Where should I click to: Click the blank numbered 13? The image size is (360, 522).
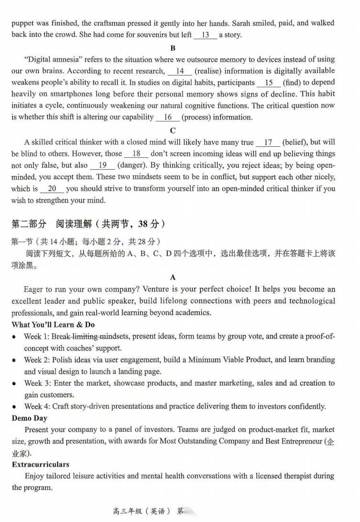[206, 35]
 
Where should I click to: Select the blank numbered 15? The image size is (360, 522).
[269, 83]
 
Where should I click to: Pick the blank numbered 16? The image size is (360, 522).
[167, 118]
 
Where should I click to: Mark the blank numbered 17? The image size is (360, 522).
[268, 142]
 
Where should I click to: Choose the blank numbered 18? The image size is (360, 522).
[136, 154]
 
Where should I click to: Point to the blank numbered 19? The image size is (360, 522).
[102, 165]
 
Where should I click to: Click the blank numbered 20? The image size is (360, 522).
[52, 189]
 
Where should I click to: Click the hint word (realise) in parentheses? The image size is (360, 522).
[210, 71]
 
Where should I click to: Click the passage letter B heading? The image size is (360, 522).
[173, 48]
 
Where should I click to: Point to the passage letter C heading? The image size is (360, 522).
[173, 130]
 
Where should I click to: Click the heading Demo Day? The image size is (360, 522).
[30, 418]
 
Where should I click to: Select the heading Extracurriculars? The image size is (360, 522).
[41, 465]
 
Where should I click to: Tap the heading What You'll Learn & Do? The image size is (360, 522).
[53, 325]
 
